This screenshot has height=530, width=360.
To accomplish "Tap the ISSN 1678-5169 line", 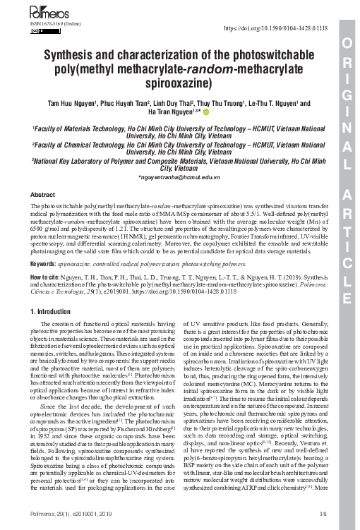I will coord(54,23).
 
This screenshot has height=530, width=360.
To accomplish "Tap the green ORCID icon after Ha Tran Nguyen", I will coord(208,112).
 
